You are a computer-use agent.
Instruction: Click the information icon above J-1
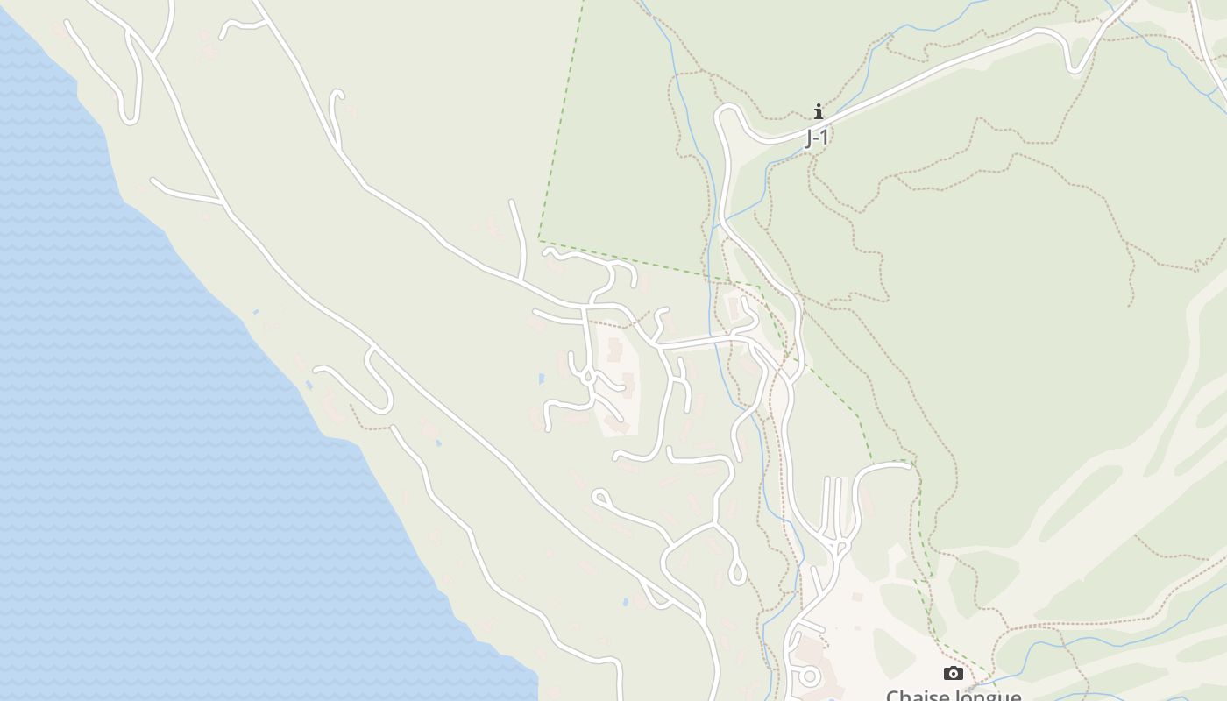click(819, 111)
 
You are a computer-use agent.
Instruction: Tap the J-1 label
click(817, 138)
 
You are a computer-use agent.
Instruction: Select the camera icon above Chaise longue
click(954, 673)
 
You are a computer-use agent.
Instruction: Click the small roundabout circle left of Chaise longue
click(810, 676)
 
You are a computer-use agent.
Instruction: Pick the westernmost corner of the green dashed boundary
click(539, 241)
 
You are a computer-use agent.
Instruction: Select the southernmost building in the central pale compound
click(617, 425)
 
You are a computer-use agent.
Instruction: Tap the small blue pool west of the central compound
click(542, 379)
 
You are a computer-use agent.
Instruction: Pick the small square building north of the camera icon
click(857, 598)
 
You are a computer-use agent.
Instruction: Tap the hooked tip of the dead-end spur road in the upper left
click(337, 92)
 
